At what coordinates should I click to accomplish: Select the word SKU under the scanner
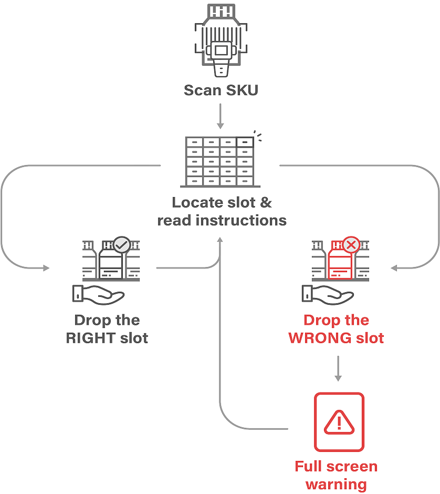click(242, 90)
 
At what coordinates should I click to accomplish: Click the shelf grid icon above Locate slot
click(219, 161)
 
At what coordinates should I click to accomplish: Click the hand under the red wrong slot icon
click(328, 295)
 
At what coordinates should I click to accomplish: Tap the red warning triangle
click(339, 422)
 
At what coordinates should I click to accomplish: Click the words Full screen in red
click(336, 467)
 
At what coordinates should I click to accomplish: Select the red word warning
click(336, 483)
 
